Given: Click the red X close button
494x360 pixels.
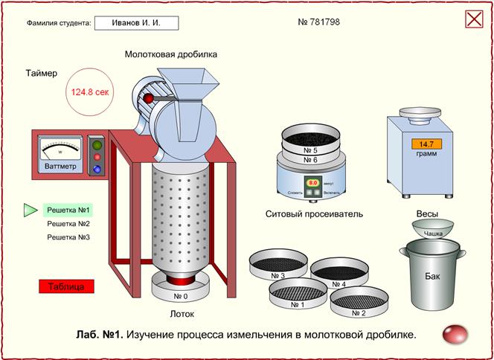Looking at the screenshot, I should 474,19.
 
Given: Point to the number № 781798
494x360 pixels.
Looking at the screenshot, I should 319,22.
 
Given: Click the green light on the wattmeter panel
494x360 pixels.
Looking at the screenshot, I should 97,145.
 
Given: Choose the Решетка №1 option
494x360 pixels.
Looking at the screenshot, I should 68,210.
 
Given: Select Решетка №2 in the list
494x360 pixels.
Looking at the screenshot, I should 68,224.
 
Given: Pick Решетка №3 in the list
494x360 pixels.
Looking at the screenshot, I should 68,237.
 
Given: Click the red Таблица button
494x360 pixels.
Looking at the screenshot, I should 66,286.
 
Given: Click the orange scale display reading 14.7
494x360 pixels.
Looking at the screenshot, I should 426,144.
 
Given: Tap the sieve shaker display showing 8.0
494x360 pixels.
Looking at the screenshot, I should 313,181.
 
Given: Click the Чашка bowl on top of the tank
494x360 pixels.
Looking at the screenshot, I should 433,228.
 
